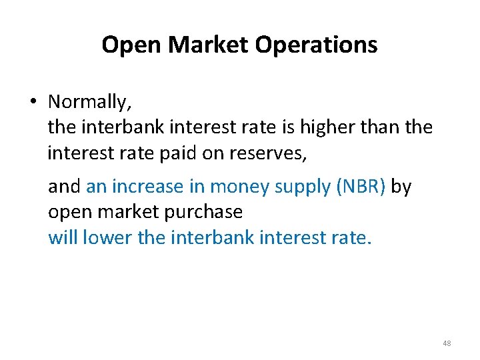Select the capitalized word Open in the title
point(132,45)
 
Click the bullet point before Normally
point(32,102)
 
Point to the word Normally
point(90,102)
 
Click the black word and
point(64,187)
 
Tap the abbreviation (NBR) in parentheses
point(361,187)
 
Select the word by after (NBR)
point(401,187)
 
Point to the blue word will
point(63,237)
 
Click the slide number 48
point(446,343)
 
